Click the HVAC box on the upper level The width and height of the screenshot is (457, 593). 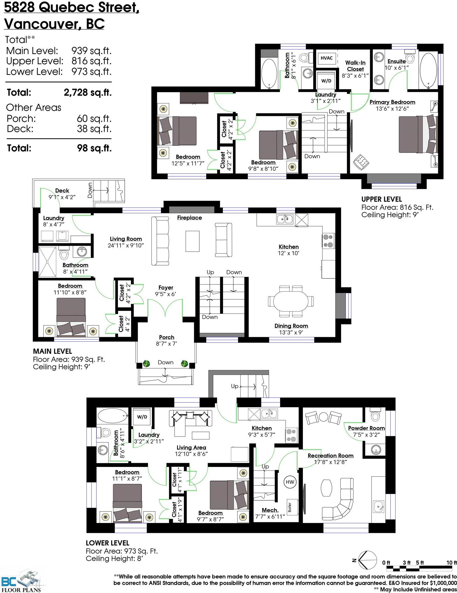(327, 58)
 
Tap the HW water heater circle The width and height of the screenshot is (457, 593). (290, 482)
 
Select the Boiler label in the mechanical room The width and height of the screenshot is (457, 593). (290, 507)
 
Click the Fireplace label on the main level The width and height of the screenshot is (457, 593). (190, 217)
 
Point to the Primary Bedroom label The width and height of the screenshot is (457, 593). (392, 102)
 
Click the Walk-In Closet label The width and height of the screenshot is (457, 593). (355, 66)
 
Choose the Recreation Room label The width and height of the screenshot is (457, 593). (330, 456)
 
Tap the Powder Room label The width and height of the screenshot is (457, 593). (366, 428)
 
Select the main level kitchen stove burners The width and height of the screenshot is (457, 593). (328, 241)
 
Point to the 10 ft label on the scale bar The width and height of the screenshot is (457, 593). (451, 563)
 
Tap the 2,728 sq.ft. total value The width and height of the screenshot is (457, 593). (88, 93)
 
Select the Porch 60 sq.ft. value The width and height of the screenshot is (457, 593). (94, 119)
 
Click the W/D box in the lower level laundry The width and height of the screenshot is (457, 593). (142, 417)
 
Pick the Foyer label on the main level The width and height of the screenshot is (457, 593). (166, 287)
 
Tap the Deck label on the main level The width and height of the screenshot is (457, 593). (62, 191)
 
